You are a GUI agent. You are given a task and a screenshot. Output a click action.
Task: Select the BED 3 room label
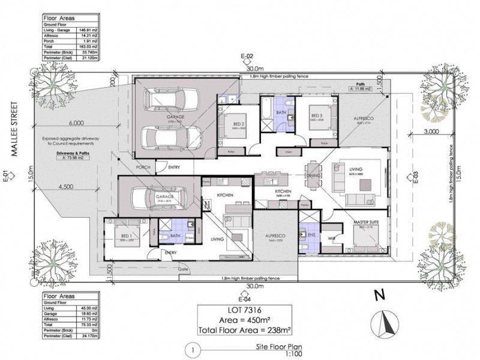pos(317,115)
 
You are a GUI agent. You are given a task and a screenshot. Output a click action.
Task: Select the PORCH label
pos(143,167)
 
